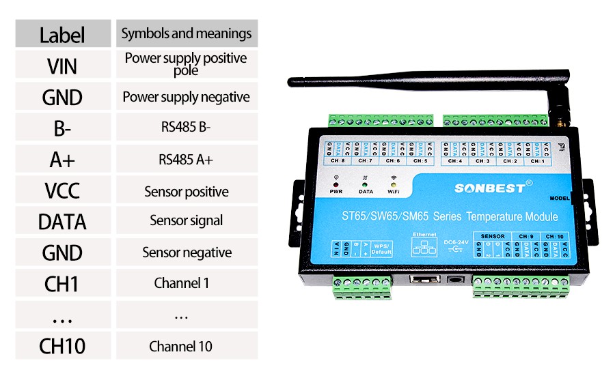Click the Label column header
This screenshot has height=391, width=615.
click(x=62, y=34)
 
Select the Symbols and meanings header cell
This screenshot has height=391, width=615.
click(x=187, y=33)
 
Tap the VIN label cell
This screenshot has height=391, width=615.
click(x=62, y=66)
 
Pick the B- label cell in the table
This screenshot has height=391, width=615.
click(x=62, y=128)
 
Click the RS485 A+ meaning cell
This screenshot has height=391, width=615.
click(x=186, y=160)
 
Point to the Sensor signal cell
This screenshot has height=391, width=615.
click(x=187, y=220)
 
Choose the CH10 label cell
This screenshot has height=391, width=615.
click(x=62, y=346)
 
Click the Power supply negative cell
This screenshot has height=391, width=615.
click(x=187, y=97)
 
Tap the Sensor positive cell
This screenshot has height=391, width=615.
click(x=187, y=192)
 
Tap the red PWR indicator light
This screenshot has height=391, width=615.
click(x=336, y=184)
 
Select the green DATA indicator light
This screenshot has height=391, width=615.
click(x=365, y=184)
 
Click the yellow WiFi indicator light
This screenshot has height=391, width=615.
click(x=394, y=184)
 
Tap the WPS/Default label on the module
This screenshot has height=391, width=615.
click(x=381, y=249)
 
